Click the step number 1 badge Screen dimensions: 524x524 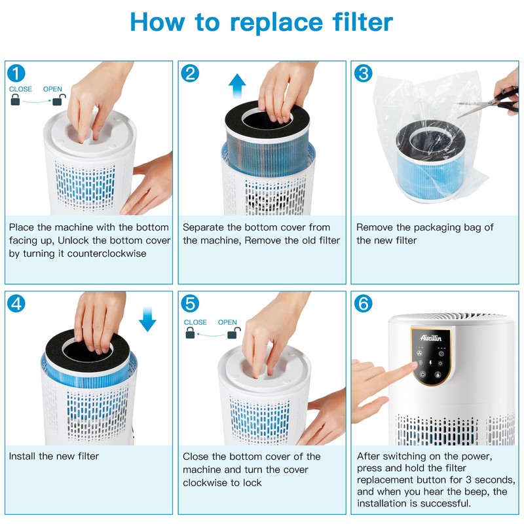[16, 73]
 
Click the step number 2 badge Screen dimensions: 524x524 [189, 73]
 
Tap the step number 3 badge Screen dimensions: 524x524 [363, 73]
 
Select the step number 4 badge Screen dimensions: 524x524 [16, 303]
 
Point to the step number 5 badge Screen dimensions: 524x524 [189, 303]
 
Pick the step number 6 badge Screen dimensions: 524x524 [363, 303]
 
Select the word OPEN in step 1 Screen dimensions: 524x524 [54, 88]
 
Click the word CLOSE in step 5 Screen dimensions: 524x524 [195, 322]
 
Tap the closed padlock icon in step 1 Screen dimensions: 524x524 [15, 100]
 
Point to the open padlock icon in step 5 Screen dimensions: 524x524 [231, 334]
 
